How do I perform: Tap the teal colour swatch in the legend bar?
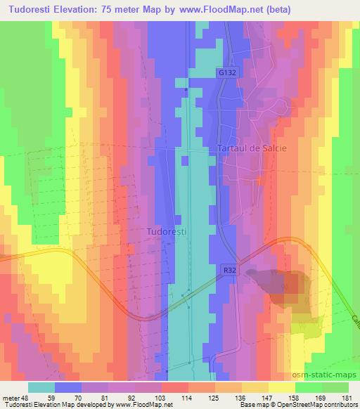point(41,387)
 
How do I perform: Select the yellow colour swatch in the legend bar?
point(282,387)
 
